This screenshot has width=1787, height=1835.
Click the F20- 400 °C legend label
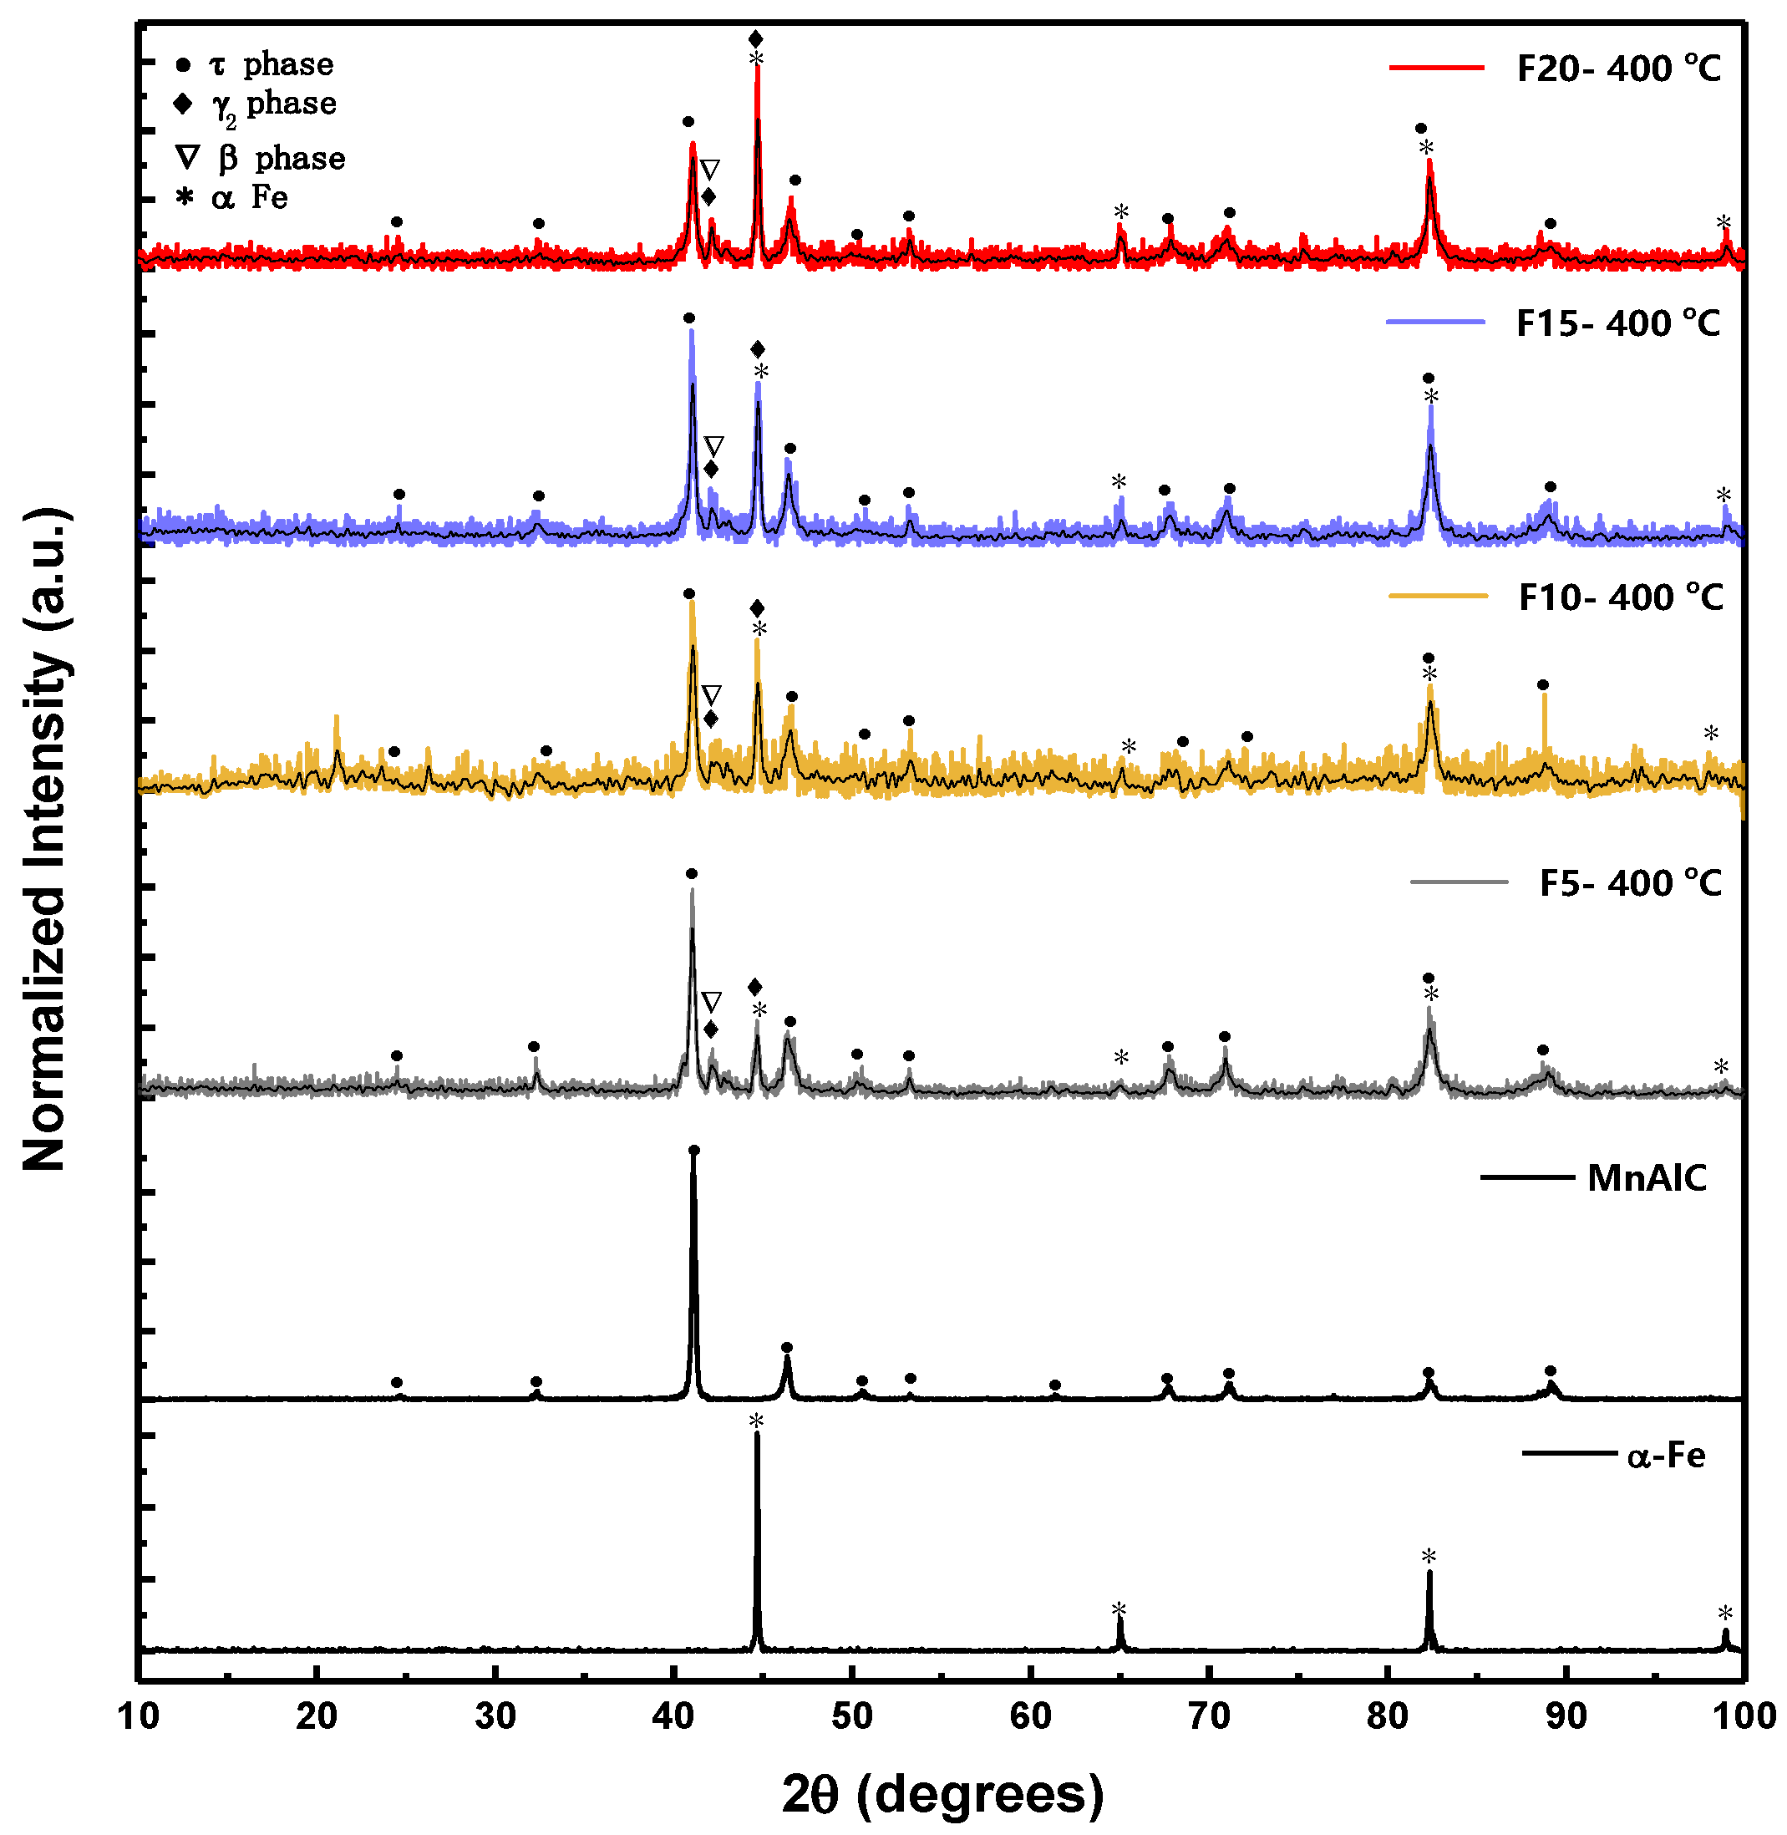tap(1618, 69)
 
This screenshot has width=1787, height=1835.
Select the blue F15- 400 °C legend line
tap(1435, 322)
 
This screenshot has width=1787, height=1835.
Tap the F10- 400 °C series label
tap(1620, 597)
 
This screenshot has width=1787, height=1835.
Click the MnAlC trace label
tap(1646, 1177)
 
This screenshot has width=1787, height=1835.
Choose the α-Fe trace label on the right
tap(1665, 1454)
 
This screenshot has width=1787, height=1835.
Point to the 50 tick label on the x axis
tap(851, 1716)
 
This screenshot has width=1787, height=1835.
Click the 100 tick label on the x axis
tap(1743, 1716)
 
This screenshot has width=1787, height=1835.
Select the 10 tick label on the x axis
tap(138, 1716)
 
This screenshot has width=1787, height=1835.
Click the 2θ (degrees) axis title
tap(942, 1792)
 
